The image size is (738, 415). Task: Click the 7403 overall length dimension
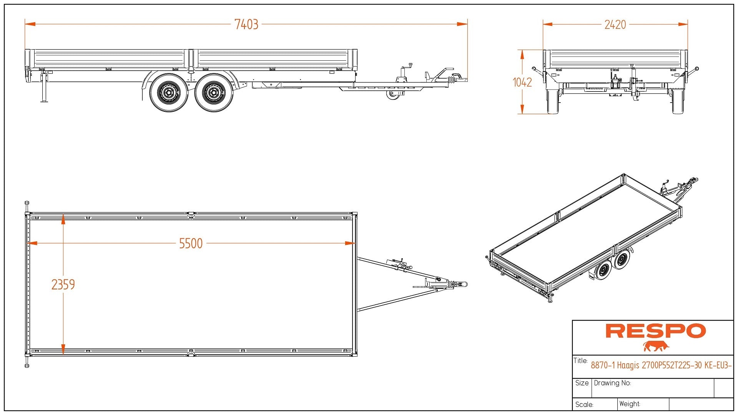point(246,25)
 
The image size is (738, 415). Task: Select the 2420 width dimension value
point(615,25)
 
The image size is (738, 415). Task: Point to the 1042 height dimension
point(522,82)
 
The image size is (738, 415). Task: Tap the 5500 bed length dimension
point(191,244)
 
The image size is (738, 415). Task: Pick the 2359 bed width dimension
point(63,285)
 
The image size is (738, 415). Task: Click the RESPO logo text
point(655,331)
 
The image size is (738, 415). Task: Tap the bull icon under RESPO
point(656,346)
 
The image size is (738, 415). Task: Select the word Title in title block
point(580,361)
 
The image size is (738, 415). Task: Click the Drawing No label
point(612,383)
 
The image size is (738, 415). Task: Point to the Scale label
point(584,405)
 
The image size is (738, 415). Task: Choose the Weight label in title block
point(630,404)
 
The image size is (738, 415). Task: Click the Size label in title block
point(582,383)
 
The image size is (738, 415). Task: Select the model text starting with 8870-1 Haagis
point(661,365)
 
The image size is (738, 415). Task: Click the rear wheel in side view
point(168,93)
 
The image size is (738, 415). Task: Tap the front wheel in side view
point(213,93)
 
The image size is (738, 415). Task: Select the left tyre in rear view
point(553,102)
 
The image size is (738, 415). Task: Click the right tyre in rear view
point(678,102)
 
